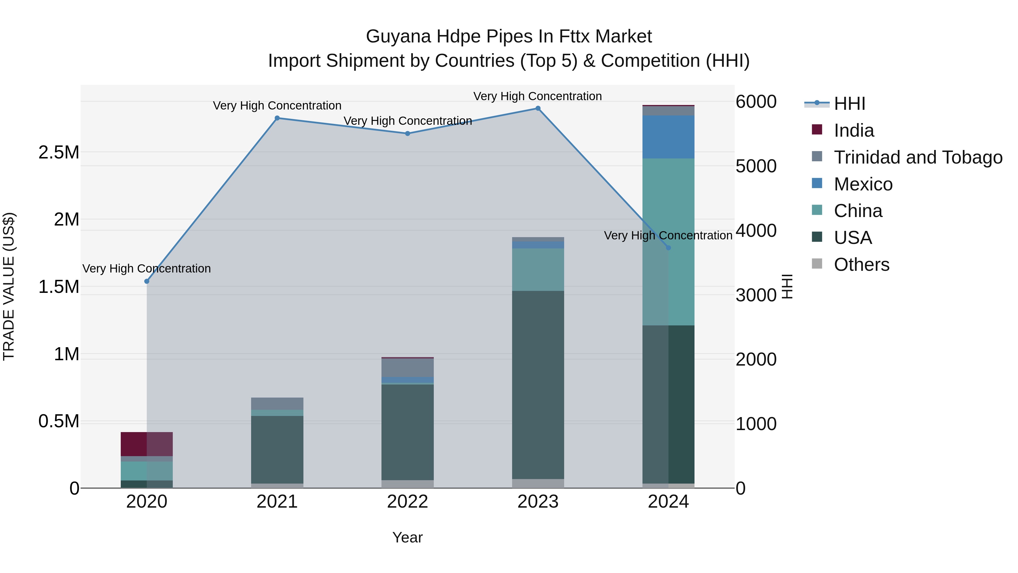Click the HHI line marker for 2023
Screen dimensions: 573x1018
pyautogui.click(x=538, y=108)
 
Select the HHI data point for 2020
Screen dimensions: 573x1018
pyautogui.click(x=146, y=281)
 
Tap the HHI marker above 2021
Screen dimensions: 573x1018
pyautogui.click(x=277, y=118)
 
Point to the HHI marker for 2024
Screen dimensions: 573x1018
pyautogui.click(x=668, y=248)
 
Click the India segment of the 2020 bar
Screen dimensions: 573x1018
pyautogui.click(x=146, y=444)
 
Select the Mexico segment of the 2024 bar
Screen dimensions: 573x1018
pyautogui.click(x=668, y=137)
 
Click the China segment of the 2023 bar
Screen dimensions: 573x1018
pyautogui.click(x=538, y=269)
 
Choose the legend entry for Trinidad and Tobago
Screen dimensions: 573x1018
pyautogui.click(x=918, y=157)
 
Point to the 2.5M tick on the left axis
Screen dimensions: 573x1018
pyautogui.click(x=59, y=152)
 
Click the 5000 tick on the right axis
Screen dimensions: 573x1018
pyautogui.click(x=756, y=166)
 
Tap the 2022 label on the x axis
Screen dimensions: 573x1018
pyautogui.click(x=407, y=502)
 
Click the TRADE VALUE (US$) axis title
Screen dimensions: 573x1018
pyautogui.click(x=9, y=286)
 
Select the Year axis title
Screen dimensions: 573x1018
pyautogui.click(x=407, y=537)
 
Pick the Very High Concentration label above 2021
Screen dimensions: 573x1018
pyautogui.click(x=277, y=106)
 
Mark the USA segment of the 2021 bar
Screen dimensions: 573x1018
pyautogui.click(x=277, y=449)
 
